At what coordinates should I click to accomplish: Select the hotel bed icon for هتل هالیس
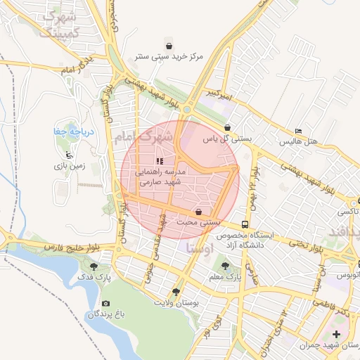coord(299,131)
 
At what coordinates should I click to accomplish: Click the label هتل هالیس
coord(299,141)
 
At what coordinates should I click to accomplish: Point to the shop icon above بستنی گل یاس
coord(227,128)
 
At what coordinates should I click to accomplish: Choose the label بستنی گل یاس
coord(227,139)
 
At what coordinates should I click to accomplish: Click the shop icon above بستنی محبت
coord(200,211)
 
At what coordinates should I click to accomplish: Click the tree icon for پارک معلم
coord(225,266)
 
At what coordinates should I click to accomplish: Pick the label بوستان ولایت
coord(176,302)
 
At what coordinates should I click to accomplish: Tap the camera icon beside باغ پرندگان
coord(105,304)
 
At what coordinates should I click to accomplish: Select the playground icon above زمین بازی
coord(68,155)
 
